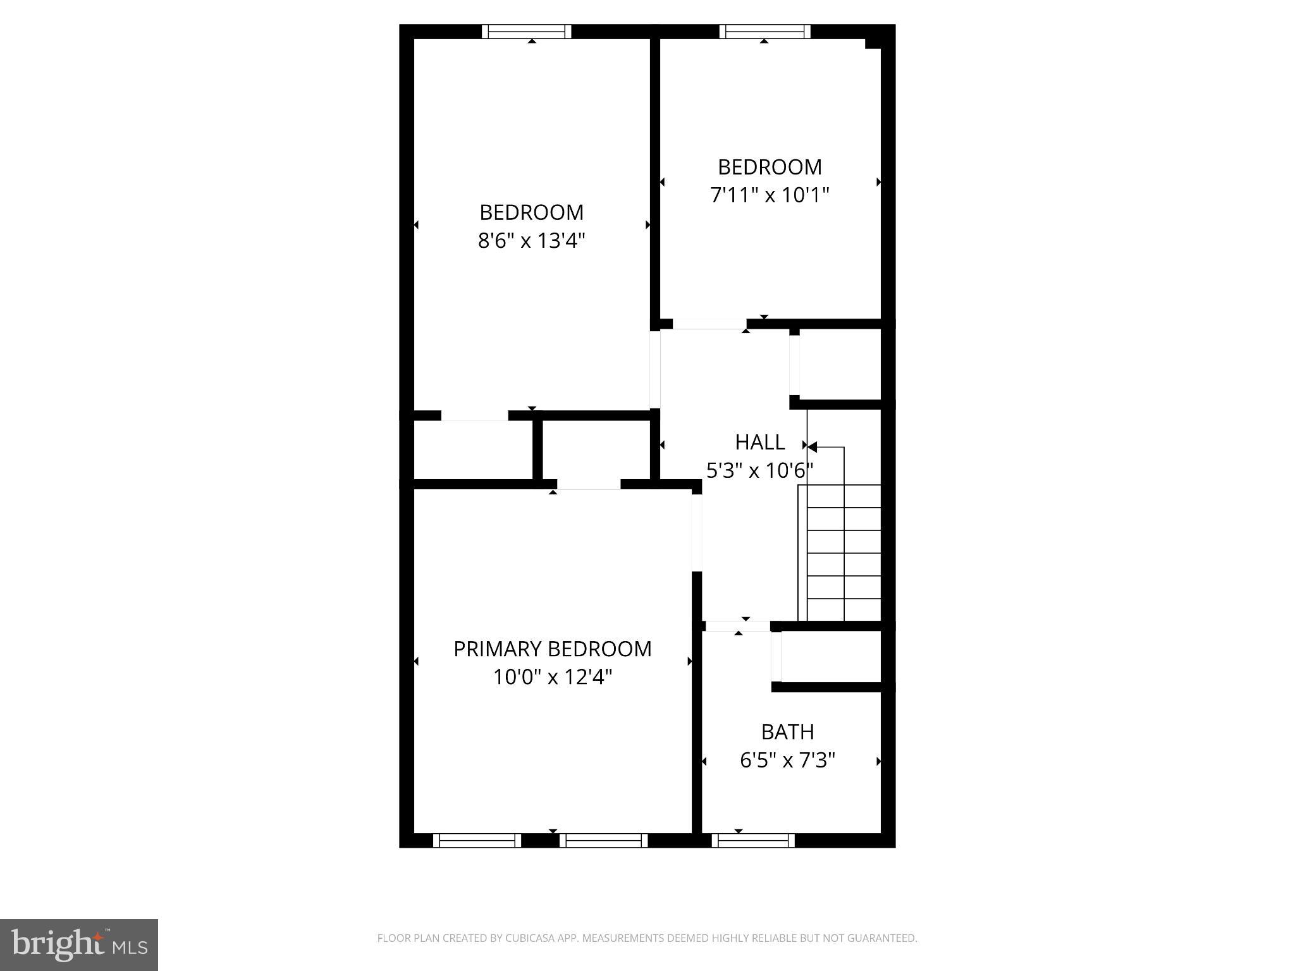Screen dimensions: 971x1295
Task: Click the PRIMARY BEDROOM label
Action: [x=552, y=649]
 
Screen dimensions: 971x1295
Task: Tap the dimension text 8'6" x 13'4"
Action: [x=531, y=241]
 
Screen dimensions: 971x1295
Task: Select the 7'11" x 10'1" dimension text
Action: [x=770, y=195]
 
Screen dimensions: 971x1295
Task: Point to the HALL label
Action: [x=759, y=443]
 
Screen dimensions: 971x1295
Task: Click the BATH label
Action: [x=787, y=732]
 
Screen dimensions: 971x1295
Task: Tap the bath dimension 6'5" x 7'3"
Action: [x=787, y=760]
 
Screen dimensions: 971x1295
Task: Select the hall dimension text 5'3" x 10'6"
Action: [x=759, y=471]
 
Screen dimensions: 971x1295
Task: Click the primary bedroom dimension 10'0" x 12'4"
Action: [x=552, y=678]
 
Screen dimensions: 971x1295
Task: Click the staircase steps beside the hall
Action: [x=844, y=553]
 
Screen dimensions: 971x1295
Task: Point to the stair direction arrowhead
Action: [x=813, y=447]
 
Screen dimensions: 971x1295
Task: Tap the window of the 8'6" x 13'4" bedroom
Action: [x=526, y=32]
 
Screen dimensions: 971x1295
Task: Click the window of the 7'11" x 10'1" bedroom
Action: [x=764, y=32]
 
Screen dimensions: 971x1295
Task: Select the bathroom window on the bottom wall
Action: [x=753, y=840]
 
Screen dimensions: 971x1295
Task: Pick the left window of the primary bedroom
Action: [x=477, y=840]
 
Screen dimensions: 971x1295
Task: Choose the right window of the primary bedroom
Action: [x=604, y=840]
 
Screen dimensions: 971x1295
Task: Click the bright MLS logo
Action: [x=79, y=944]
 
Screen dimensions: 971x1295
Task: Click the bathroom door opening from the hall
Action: [x=737, y=626]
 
